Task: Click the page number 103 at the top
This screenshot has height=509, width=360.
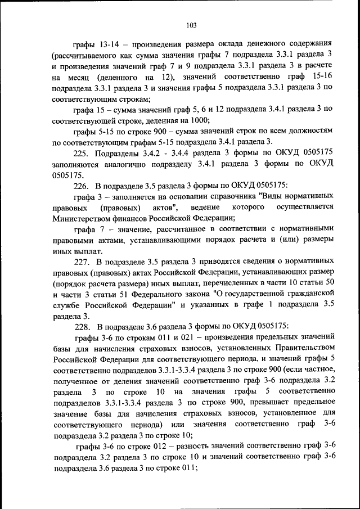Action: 191,25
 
